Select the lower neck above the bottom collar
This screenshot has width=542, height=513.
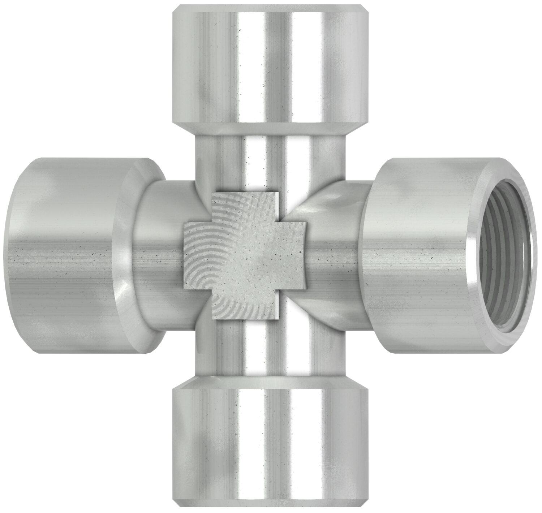(267, 347)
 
